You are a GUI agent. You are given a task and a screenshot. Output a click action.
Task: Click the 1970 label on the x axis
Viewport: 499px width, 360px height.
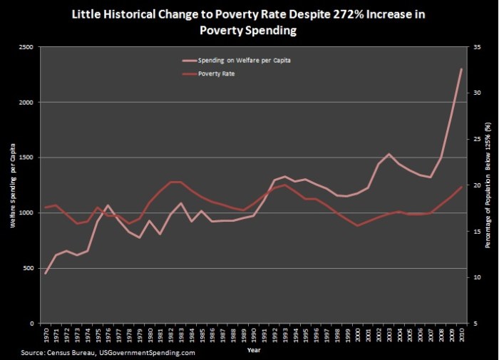click(x=46, y=335)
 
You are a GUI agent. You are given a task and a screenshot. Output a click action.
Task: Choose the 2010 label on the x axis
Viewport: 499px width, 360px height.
click(x=461, y=335)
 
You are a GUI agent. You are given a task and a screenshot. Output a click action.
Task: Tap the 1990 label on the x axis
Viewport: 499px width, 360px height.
click(x=254, y=335)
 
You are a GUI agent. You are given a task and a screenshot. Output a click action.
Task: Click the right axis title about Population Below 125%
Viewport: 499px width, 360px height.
click(x=488, y=185)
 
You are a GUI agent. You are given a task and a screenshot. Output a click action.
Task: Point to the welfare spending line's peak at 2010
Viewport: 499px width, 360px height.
click(x=461, y=69)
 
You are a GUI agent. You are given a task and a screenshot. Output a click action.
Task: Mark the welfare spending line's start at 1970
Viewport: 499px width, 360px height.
click(x=46, y=273)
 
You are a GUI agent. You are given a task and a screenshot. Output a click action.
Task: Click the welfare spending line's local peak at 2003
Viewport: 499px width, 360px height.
click(x=389, y=154)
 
